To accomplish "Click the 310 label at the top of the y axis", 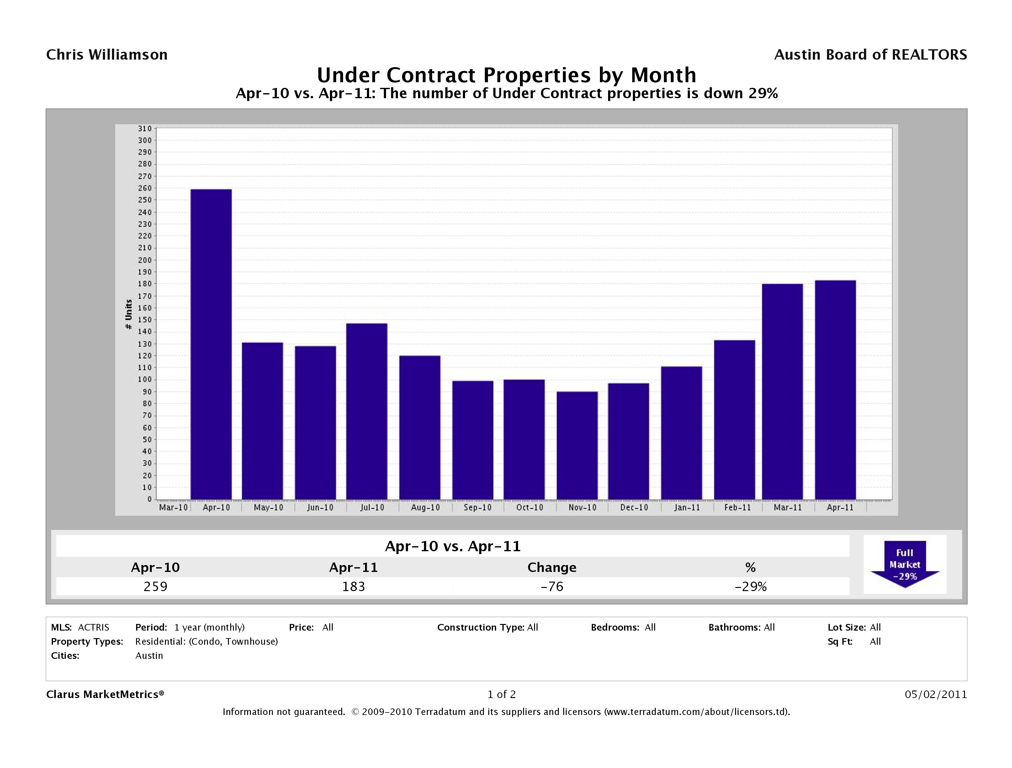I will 145,129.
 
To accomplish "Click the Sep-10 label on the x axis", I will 477,508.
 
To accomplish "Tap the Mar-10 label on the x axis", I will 173,508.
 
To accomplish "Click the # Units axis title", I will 129,314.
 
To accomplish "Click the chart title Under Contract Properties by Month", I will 506,75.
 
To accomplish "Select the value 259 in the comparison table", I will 156,586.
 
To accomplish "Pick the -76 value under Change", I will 552,586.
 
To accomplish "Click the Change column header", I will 552,568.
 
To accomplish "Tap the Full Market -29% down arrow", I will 904,564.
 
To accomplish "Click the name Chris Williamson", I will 107,55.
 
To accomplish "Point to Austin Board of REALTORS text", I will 870,55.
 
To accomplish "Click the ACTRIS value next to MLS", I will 93,627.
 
